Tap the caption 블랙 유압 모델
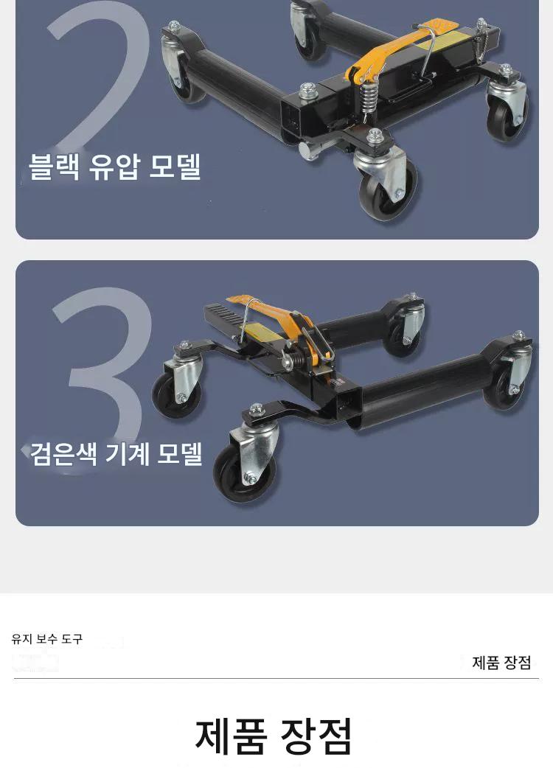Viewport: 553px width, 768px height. click(115, 167)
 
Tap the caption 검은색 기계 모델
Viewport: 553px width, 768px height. click(116, 453)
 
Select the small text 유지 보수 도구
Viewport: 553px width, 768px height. click(47, 639)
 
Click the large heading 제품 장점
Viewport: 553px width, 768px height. click(274, 736)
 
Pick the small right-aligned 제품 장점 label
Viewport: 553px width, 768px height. click(501, 663)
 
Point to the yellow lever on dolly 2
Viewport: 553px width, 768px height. click(392, 49)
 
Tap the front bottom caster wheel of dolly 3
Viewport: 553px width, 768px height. click(245, 471)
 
